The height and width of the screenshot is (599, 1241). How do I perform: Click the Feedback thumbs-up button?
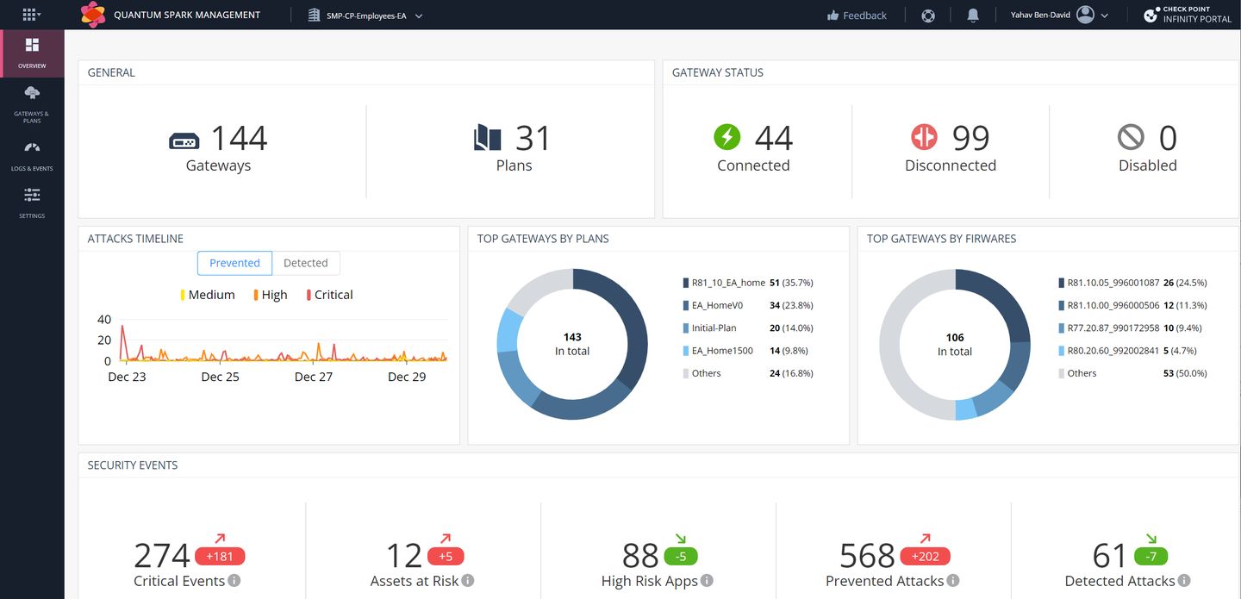click(857, 16)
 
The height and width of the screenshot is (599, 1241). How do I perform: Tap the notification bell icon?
click(973, 16)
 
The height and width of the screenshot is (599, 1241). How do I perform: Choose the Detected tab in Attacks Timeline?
click(306, 263)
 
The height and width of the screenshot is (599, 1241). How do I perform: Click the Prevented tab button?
click(234, 263)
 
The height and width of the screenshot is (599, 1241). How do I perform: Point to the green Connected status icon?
click(727, 137)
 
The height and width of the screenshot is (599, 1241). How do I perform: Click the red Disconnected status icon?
click(924, 137)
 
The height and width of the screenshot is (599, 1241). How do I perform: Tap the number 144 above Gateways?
click(239, 138)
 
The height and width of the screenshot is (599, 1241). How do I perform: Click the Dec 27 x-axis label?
click(314, 377)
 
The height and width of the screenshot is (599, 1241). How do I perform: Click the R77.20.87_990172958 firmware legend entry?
click(1113, 328)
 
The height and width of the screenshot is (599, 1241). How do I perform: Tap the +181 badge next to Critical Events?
click(220, 556)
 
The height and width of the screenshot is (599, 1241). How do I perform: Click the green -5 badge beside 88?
click(681, 556)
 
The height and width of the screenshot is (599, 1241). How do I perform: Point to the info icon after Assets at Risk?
click(468, 581)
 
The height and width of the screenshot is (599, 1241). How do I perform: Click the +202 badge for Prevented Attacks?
click(925, 556)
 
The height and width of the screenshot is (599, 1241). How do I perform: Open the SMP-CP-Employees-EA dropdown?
click(365, 16)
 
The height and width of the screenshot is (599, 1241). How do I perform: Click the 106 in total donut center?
click(955, 344)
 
